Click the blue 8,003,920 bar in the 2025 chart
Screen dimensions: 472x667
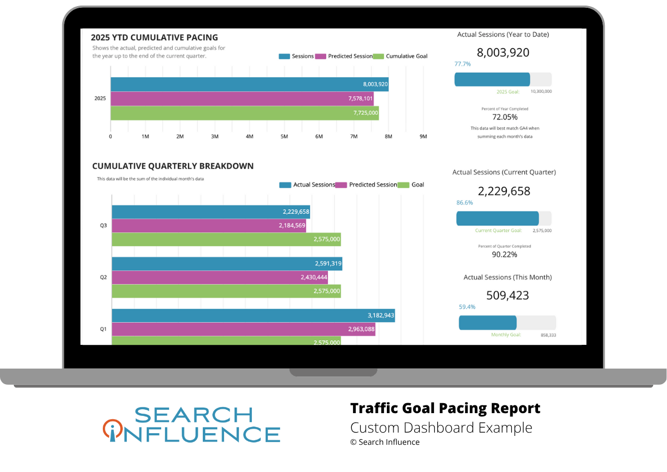pos(249,84)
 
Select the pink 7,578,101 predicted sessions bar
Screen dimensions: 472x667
pos(242,99)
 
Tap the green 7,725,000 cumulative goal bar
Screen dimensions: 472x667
pos(245,113)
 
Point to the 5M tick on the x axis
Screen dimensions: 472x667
pos(284,137)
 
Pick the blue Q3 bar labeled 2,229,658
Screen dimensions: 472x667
pos(211,212)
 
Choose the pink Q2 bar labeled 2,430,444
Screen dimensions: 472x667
pos(220,277)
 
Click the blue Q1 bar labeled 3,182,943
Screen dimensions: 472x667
pos(253,315)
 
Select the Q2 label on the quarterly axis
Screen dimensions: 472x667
pos(103,277)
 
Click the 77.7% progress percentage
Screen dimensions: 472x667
pos(462,64)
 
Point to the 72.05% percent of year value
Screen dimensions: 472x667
pos(505,117)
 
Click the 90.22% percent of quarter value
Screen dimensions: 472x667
pos(505,254)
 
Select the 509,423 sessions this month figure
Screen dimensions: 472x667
pos(507,295)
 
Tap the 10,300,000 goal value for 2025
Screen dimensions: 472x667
pos(541,92)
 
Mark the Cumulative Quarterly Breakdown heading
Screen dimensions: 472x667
pos(173,165)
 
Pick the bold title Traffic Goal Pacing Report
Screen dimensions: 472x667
pos(445,409)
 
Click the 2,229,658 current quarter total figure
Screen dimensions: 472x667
pos(504,192)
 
